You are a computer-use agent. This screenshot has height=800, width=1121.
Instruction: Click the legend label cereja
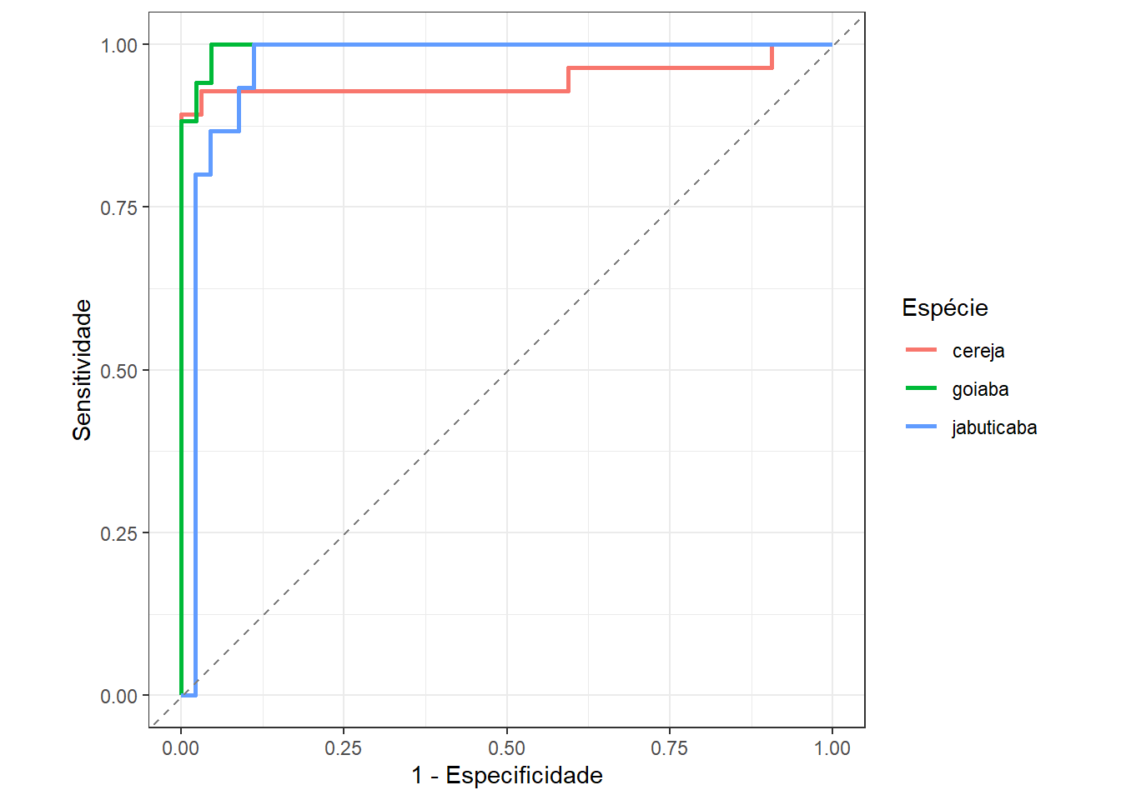[978, 351]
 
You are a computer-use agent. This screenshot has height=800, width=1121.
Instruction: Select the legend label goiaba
[980, 389]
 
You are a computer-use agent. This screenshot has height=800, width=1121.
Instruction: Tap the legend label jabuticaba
[994, 427]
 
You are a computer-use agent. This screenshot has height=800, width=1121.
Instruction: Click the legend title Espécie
[944, 307]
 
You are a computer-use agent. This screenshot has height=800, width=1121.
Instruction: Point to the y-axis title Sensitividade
[82, 370]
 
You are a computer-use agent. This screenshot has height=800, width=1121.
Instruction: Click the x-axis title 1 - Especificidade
[506, 775]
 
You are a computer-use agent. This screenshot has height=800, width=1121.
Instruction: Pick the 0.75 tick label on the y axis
[118, 207]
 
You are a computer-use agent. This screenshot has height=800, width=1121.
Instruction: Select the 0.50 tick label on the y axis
[118, 371]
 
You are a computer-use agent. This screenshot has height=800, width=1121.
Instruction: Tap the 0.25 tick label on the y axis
[118, 533]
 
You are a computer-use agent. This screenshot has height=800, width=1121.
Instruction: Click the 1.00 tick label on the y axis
[118, 45]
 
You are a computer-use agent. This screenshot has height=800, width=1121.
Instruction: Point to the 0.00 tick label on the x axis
[181, 748]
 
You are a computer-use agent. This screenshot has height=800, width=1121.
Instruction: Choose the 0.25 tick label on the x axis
[344, 748]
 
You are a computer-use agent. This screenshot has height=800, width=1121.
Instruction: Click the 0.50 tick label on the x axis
[506, 748]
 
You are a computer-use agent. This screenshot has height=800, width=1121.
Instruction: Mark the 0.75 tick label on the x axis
[669, 748]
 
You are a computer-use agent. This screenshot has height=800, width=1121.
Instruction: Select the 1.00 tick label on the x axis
[832, 748]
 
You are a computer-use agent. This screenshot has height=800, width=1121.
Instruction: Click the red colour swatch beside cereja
[921, 351]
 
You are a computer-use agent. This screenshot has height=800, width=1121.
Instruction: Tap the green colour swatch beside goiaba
[921, 389]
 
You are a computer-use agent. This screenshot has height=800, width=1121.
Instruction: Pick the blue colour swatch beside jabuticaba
[921, 427]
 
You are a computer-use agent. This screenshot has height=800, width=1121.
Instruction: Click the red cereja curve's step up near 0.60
[568, 79]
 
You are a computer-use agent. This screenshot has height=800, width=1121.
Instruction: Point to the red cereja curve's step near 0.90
[772, 57]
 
